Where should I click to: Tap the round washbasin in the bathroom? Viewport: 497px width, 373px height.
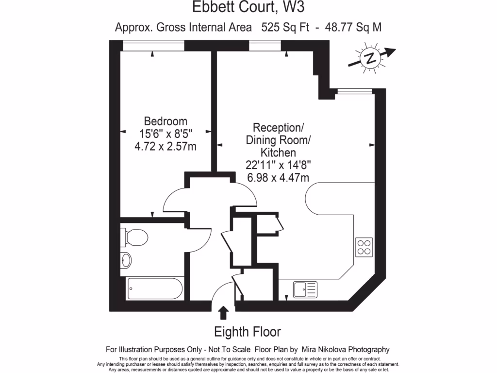126,260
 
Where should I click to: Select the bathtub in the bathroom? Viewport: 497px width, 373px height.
155,288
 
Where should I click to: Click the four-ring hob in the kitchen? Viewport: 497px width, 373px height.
364,247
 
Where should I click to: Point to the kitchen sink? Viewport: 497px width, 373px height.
305,290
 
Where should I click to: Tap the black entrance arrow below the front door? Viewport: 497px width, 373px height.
223,312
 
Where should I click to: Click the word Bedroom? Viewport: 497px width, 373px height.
166,121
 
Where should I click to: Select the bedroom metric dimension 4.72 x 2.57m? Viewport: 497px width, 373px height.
166,146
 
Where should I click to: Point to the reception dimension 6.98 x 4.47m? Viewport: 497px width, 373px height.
278,177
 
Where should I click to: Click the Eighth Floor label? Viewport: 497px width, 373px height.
248,332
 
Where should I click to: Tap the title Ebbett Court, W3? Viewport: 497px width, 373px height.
248,8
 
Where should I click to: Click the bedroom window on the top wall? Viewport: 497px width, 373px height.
153,45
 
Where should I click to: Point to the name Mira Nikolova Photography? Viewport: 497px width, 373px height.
346,349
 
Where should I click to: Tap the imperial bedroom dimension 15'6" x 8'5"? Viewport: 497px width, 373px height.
166,134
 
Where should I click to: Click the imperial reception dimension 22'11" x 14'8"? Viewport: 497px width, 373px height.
278,165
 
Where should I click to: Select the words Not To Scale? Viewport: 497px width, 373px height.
229,349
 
